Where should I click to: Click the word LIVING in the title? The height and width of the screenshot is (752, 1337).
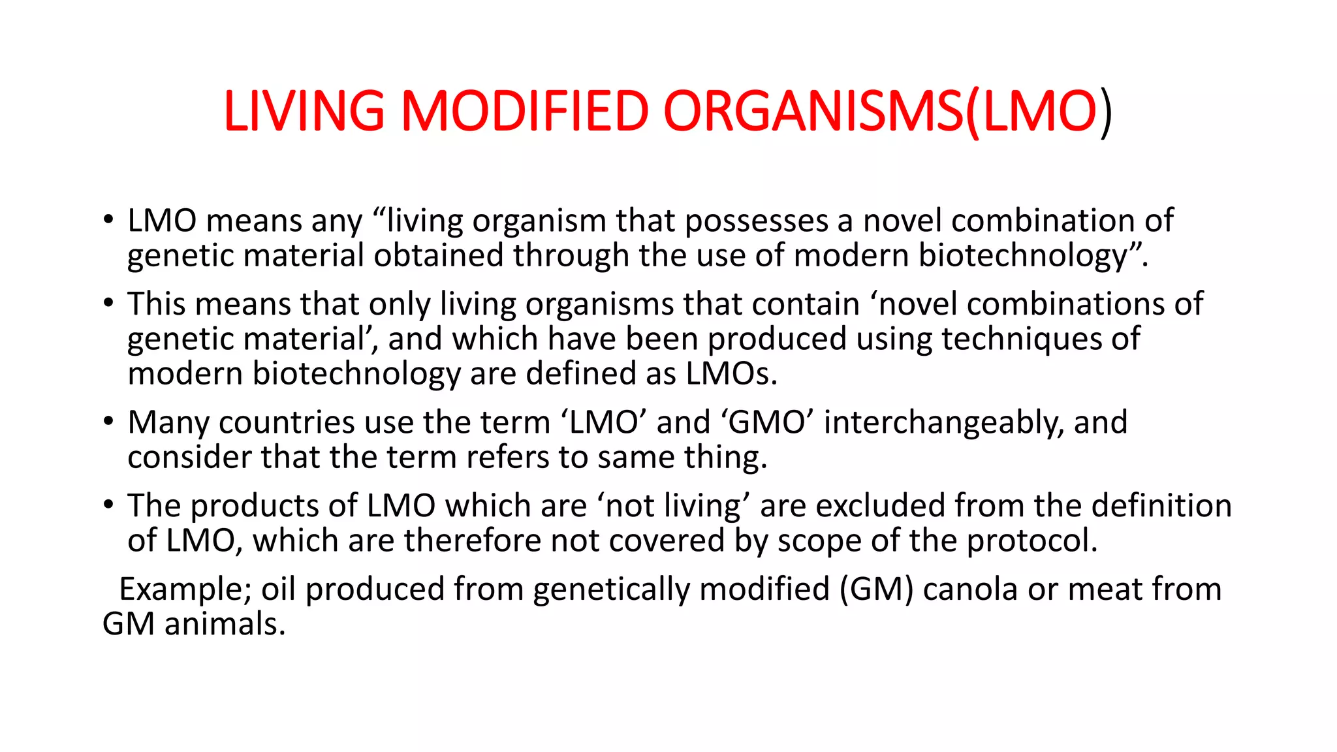(x=304, y=111)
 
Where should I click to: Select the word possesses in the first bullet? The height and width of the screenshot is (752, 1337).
(x=756, y=221)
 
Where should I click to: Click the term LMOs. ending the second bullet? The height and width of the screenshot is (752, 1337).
(x=731, y=373)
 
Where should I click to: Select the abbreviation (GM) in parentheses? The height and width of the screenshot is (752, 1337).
(x=876, y=589)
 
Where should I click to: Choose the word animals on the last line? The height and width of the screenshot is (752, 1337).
(x=225, y=624)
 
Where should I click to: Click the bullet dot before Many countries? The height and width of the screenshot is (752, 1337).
(x=108, y=421)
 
